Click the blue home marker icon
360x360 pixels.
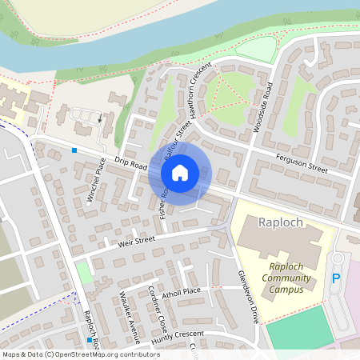tap(180, 172)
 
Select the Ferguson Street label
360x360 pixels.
tap(302, 164)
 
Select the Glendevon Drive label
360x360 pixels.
tap(248, 295)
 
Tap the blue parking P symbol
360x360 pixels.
tap(336, 278)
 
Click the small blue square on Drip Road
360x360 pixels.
tap(74, 150)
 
